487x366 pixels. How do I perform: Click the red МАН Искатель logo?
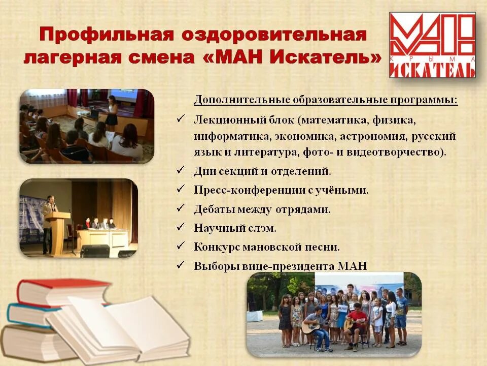(x=432, y=45)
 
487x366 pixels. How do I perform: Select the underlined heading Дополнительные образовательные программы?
(x=325, y=99)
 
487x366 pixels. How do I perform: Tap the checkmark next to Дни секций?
(x=181, y=171)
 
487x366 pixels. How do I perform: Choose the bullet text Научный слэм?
(x=235, y=228)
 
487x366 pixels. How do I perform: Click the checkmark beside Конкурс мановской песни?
(x=181, y=247)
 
